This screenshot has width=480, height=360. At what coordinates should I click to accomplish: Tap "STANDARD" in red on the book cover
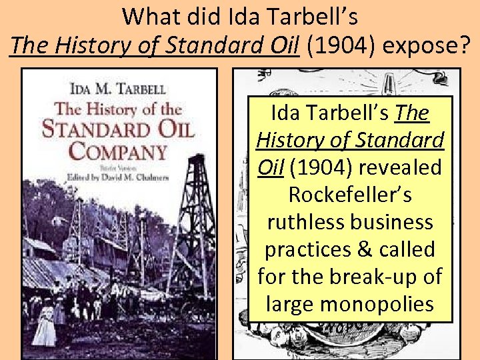tap(117, 127)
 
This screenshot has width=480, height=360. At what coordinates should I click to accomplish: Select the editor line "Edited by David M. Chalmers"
tap(117, 177)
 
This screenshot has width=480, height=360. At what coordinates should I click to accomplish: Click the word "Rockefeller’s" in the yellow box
tap(349, 195)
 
